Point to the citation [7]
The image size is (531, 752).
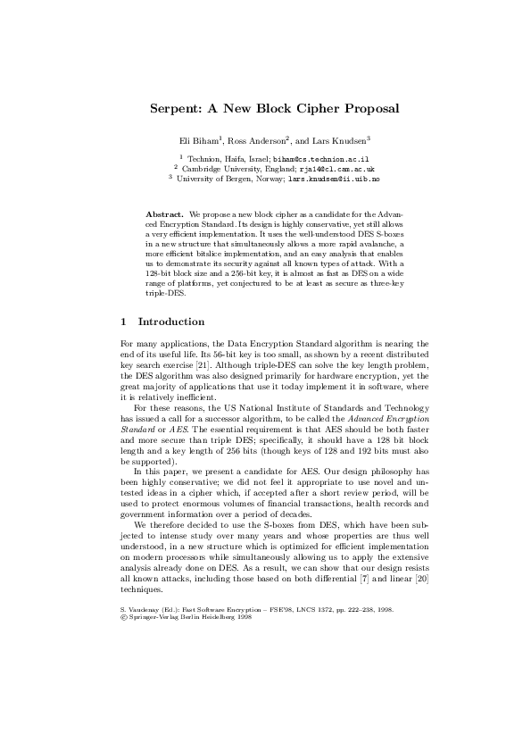tap(360, 589)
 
